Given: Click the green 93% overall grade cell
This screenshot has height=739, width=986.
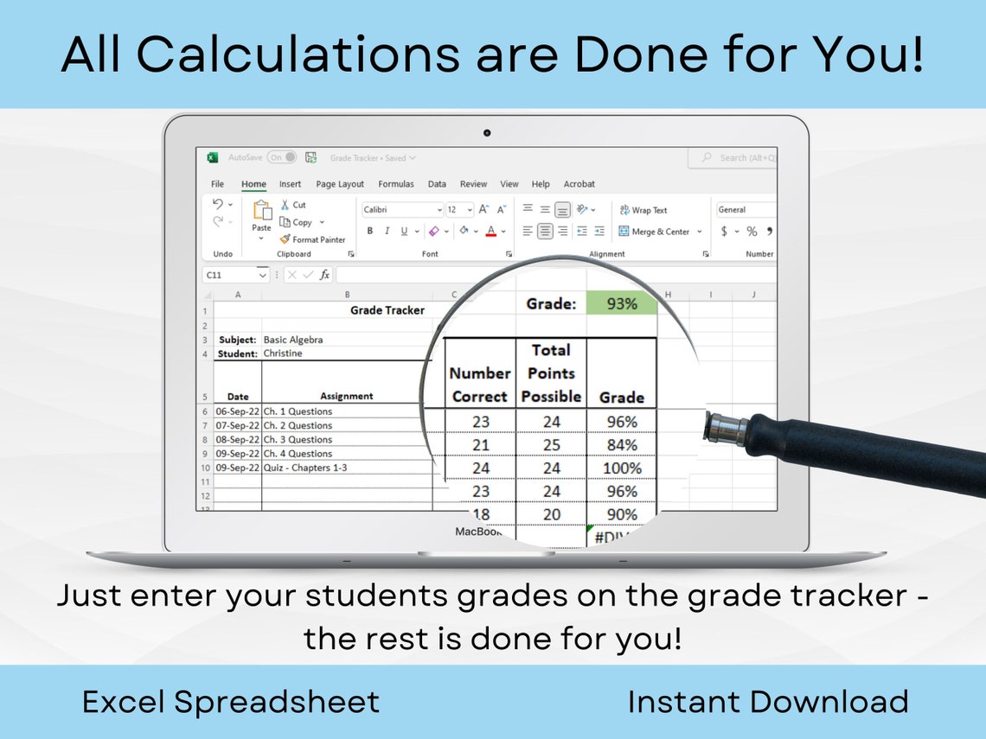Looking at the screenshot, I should (621, 303).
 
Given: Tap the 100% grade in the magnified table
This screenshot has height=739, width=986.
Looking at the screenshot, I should (621, 468).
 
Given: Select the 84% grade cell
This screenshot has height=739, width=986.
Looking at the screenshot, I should (621, 445).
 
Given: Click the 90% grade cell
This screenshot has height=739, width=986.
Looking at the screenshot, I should (621, 514).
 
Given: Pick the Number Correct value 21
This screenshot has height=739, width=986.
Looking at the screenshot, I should (480, 445).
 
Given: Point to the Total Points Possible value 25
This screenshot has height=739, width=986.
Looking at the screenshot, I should (551, 445).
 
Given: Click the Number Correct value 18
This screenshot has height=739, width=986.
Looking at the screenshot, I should (480, 514).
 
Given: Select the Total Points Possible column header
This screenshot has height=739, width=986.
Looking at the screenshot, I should (551, 373).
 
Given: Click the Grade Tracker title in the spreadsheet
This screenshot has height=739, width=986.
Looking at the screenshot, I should (387, 310).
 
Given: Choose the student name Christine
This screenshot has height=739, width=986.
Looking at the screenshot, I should (283, 354).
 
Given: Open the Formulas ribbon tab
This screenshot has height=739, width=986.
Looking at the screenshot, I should (396, 184).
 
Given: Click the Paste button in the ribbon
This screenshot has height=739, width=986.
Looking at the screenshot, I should (261, 216).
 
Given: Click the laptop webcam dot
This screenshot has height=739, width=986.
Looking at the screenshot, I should (487, 133).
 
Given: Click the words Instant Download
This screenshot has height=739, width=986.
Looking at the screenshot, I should (768, 702).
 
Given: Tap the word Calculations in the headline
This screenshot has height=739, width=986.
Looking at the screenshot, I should (298, 54).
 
